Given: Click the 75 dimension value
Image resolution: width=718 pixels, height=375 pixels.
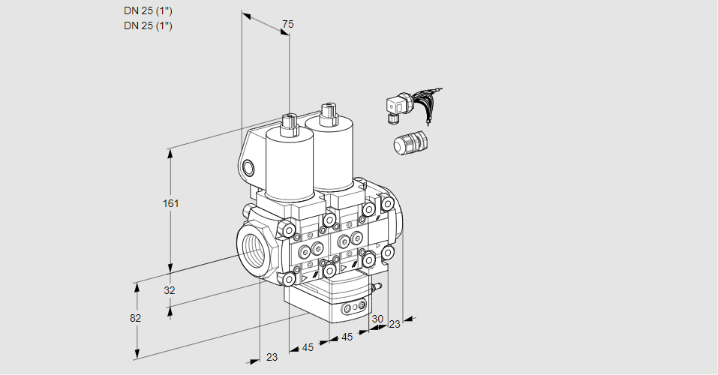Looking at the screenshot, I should coord(287,25).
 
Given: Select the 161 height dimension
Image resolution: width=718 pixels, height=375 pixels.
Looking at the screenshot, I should coord(172,203).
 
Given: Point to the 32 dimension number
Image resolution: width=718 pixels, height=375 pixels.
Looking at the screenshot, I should coord(170,290).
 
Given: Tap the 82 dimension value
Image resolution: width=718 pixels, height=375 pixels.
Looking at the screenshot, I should coord(135,318).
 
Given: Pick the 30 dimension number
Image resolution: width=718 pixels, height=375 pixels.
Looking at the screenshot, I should coord(377,319).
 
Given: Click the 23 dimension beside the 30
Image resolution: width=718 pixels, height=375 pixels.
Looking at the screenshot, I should coord(395,324).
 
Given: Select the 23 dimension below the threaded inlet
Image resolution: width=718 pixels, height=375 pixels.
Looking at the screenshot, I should coord(272,357).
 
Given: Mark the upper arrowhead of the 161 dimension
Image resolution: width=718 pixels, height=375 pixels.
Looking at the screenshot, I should coord(172,153).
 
